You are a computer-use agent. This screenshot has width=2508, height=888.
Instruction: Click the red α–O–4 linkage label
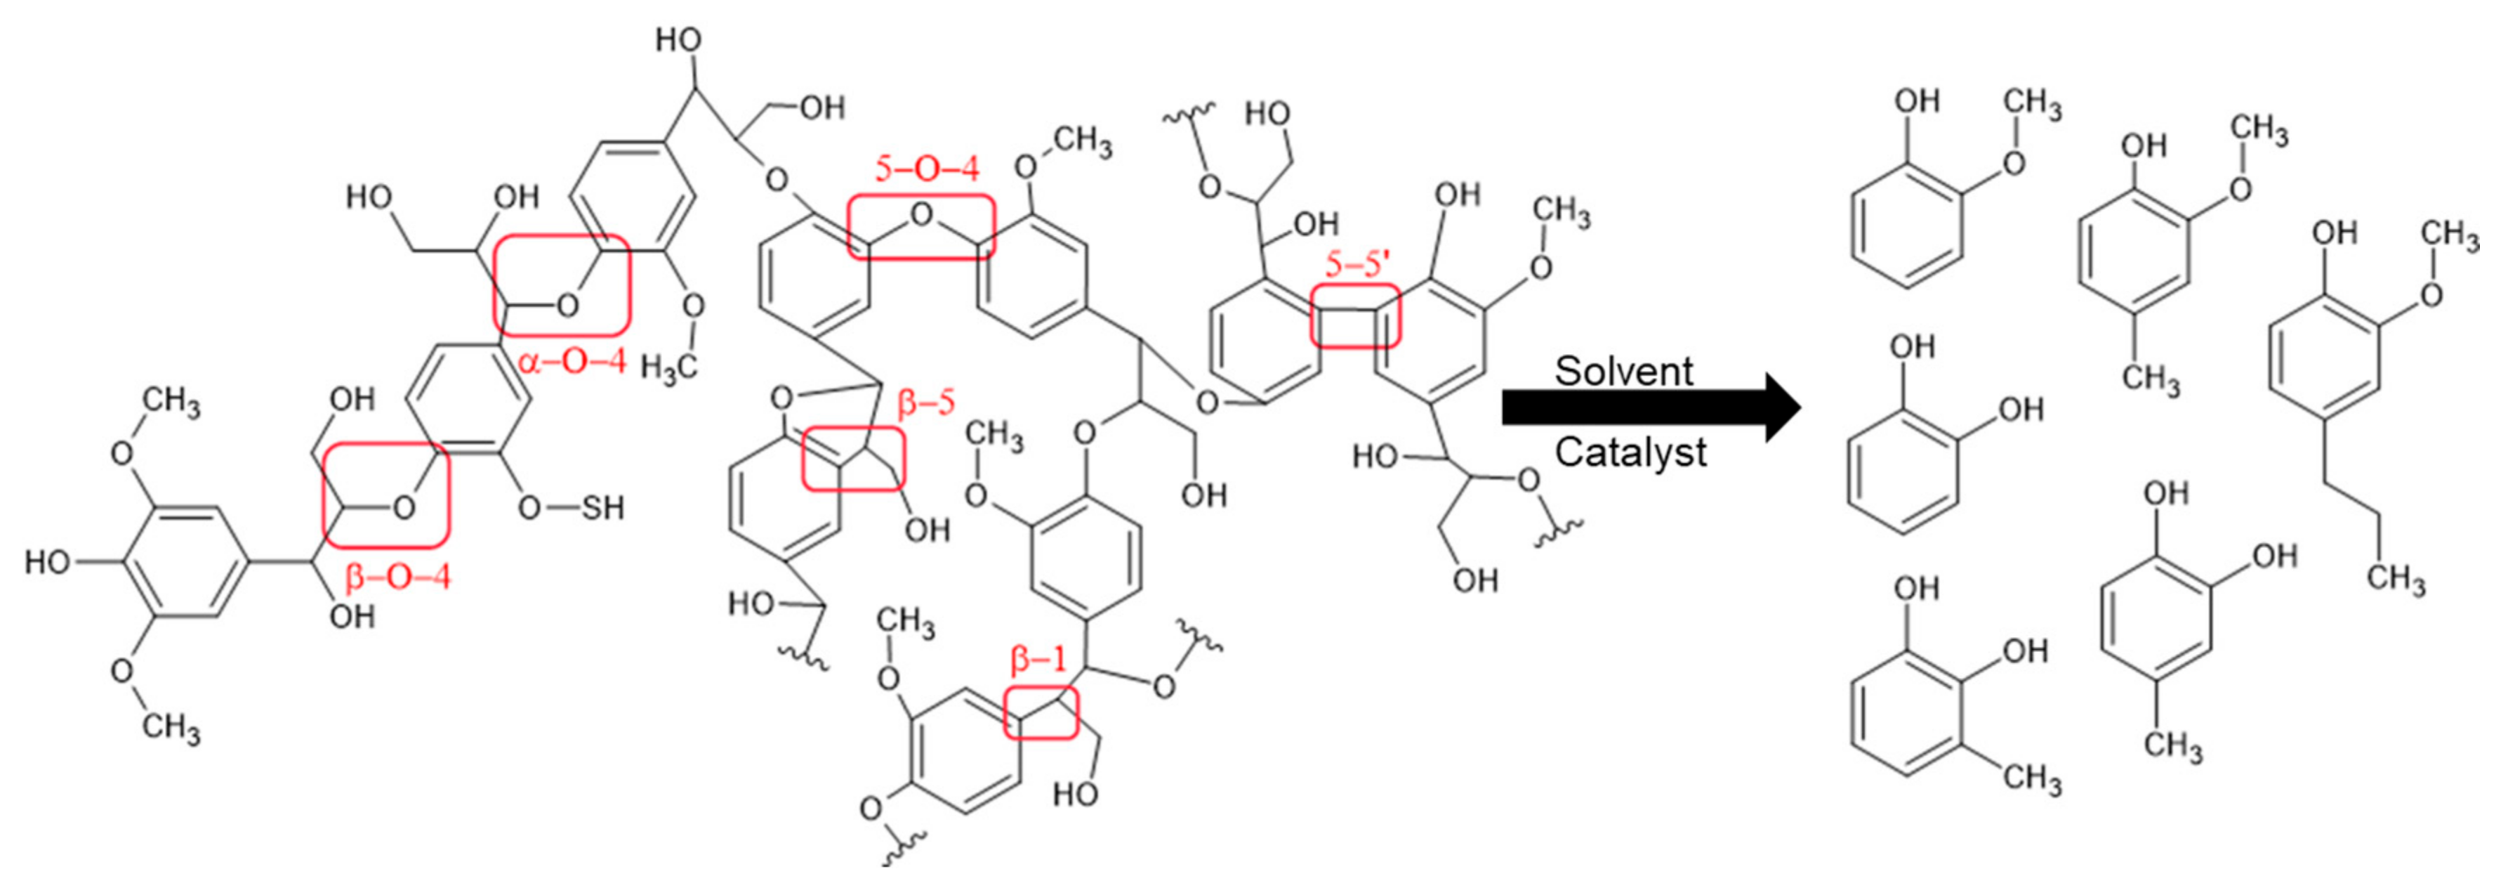tap(572, 363)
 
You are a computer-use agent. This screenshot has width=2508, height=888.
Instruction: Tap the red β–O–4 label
tap(398, 577)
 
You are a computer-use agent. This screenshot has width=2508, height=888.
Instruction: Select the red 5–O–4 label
tap(926, 169)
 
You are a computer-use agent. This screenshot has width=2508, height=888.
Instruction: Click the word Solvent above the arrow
tap(1623, 371)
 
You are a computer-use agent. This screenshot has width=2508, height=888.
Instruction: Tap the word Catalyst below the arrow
tap(1630, 452)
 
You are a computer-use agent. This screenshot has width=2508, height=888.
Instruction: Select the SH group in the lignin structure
tap(602, 507)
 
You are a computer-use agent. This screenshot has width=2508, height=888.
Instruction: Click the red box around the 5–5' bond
tap(1355, 316)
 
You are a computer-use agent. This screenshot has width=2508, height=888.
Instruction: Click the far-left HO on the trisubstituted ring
tap(48, 562)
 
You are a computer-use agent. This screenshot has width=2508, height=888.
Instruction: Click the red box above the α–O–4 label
tap(562, 285)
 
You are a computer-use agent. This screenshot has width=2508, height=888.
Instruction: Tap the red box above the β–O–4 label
tap(386, 494)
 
